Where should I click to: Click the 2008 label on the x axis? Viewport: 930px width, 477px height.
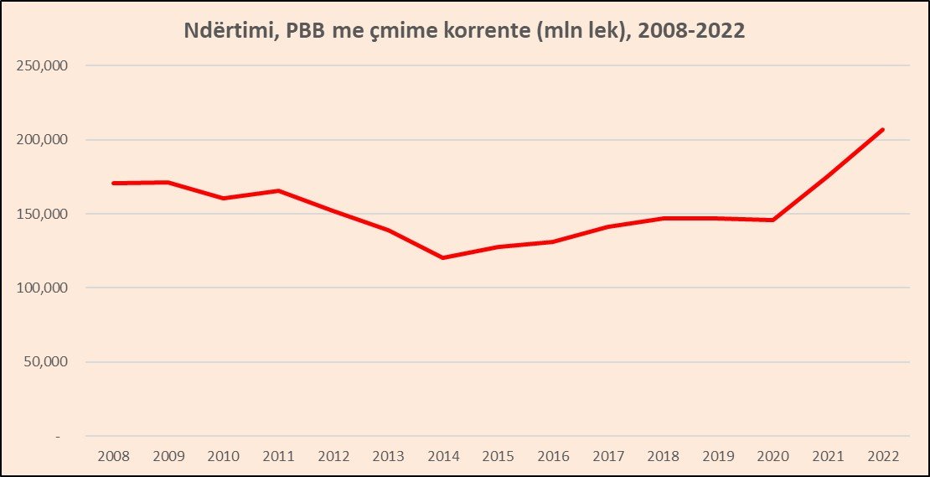point(113,457)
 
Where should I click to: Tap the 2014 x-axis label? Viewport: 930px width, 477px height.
point(443,457)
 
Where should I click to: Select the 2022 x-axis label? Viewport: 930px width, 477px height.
point(883,457)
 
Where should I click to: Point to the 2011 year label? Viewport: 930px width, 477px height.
point(278,457)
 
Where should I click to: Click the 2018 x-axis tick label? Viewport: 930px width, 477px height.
point(663,457)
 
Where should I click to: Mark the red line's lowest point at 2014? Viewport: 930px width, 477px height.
point(443,257)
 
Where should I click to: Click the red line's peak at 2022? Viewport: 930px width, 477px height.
point(883,130)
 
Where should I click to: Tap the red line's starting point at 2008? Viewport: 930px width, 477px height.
point(113,183)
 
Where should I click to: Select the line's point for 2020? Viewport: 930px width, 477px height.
point(773,220)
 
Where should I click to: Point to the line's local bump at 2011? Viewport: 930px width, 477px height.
point(278,191)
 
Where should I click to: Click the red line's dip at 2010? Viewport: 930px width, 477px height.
point(223,198)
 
